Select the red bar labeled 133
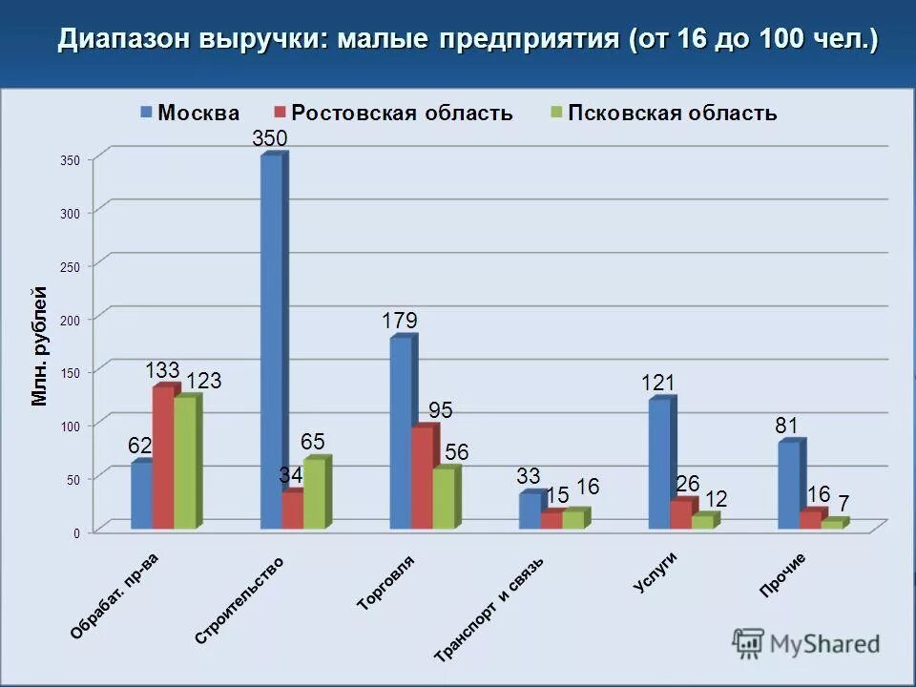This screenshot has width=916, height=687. coord(163,457)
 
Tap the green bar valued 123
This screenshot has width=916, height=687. coord(184,463)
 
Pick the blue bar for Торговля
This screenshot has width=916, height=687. coord(401,432)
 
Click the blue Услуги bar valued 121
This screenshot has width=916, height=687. coord(659,464)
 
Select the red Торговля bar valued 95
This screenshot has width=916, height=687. coord(422,477)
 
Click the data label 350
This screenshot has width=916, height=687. coord(269,139)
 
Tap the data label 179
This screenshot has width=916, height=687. coord(400,322)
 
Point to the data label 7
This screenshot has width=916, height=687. coord(843,504)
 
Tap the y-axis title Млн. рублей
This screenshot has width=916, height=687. coord(39,345)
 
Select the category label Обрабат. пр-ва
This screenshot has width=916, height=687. coord(114,596)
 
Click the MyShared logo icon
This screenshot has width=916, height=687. coord(749,643)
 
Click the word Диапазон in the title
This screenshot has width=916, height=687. coord(125,40)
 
